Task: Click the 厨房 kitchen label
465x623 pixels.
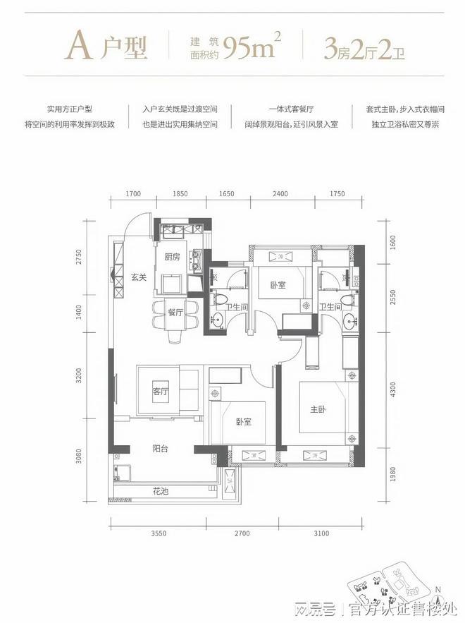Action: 172,257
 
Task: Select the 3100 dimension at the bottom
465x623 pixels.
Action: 321,534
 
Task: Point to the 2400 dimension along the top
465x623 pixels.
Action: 280,193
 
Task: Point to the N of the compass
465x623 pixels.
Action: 438,590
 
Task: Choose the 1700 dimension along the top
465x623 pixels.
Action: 134,193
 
